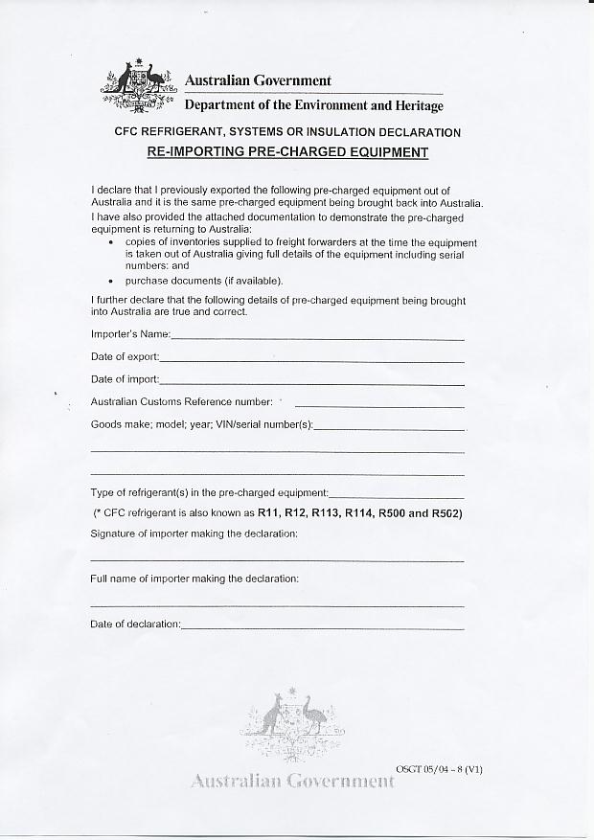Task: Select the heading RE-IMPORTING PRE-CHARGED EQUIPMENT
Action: pyautogui.click(x=286, y=152)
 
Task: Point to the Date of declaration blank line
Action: pyautogui.click(x=322, y=628)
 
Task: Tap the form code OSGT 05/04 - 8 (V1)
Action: pyautogui.click(x=439, y=769)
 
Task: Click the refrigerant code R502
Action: pyautogui.click(x=447, y=513)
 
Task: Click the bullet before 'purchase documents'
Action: pyautogui.click(x=111, y=282)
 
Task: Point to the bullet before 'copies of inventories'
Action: pyautogui.click(x=111, y=243)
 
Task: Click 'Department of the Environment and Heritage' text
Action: pyautogui.click(x=313, y=106)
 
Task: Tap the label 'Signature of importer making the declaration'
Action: pyautogui.click(x=194, y=534)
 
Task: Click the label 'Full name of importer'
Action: pyautogui.click(x=194, y=579)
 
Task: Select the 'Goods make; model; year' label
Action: pyautogui.click(x=201, y=424)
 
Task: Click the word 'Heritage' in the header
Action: pyautogui.click(x=416, y=106)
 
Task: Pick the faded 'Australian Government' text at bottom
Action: pyautogui.click(x=292, y=781)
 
